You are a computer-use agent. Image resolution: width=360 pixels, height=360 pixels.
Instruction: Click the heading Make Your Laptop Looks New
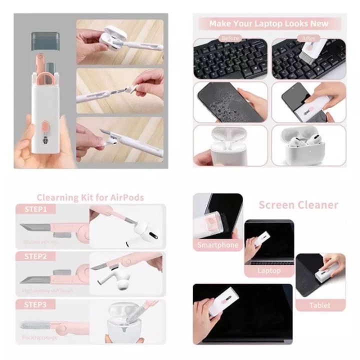268,23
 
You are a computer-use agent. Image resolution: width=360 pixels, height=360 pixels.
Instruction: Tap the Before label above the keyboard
230,38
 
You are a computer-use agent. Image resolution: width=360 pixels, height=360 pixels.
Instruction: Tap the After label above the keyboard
308,38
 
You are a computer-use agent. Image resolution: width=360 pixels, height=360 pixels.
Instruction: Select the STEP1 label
36,209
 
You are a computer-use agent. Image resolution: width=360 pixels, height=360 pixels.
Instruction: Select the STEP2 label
36,256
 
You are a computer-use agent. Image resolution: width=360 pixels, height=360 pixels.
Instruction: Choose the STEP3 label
36,304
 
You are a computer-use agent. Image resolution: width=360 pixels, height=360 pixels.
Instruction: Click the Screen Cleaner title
298,205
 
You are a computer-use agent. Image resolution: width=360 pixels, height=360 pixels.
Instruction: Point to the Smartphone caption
217,245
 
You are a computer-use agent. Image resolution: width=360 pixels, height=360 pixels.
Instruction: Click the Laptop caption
268,270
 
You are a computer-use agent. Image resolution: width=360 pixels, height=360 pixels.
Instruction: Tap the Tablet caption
319,305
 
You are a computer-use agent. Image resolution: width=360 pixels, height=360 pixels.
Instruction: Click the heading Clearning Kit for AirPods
90,197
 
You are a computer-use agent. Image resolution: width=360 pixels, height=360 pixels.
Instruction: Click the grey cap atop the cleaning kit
46,40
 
